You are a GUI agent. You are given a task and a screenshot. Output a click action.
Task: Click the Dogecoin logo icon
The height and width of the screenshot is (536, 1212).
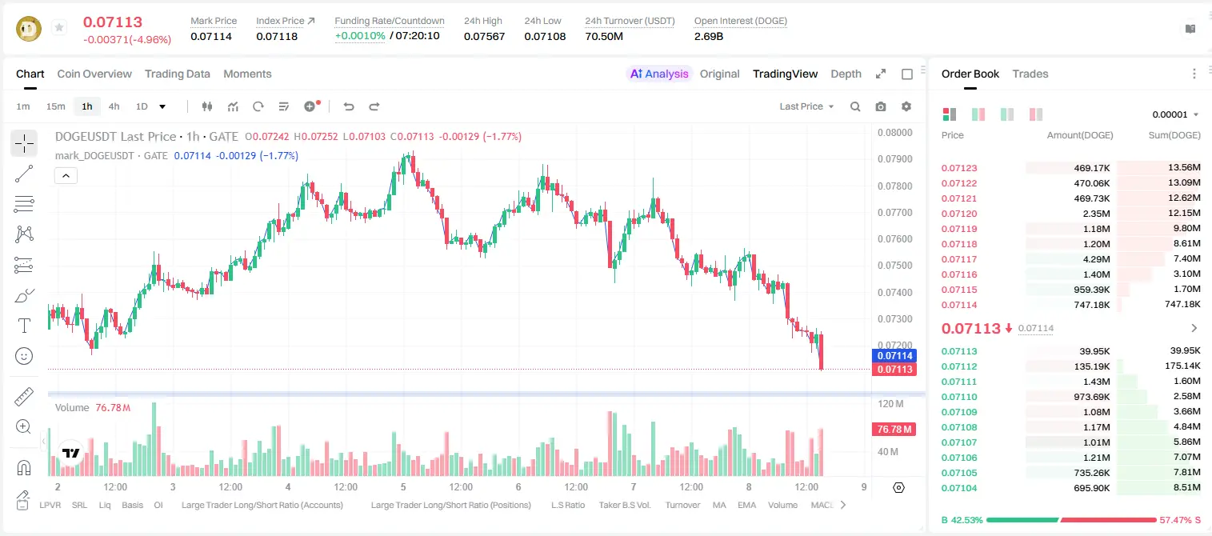29,29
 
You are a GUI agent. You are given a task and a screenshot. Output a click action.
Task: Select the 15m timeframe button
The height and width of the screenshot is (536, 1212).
56,106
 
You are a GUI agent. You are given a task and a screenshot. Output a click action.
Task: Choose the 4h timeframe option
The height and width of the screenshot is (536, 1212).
114,106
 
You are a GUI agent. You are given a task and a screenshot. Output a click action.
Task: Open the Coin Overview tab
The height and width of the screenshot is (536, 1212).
94,74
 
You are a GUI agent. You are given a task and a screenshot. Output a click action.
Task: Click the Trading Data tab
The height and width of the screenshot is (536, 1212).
178,74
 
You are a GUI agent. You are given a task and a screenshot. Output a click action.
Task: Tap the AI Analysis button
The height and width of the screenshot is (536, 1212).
659,74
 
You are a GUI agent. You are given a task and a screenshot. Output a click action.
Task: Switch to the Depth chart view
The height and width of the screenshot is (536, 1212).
846,74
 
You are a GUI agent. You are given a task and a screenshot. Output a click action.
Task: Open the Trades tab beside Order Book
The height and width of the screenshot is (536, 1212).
1030,74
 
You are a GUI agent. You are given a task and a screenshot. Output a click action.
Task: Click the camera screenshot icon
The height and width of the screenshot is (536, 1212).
881,106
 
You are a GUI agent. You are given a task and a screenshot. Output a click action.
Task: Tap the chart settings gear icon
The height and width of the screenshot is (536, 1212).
906,106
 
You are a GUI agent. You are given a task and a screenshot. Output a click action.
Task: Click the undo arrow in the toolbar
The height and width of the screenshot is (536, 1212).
349,106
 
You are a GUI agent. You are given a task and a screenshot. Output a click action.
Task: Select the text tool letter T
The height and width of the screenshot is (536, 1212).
24,326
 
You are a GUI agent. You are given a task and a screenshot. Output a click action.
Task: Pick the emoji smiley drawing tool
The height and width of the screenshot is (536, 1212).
24,356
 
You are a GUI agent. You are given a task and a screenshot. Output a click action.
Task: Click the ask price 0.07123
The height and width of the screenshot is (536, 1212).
959,168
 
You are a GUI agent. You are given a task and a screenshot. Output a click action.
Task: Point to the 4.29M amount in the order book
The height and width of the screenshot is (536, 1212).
1096,259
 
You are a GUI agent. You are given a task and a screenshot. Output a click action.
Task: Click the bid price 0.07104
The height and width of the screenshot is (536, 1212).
959,488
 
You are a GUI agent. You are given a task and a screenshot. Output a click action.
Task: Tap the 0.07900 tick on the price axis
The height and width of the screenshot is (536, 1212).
895,159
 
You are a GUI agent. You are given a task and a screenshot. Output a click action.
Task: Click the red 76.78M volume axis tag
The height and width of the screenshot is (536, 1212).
894,429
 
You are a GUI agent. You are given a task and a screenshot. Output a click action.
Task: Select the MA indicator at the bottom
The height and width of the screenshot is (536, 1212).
719,505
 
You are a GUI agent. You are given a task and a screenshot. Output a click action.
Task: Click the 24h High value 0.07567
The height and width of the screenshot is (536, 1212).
484,36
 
